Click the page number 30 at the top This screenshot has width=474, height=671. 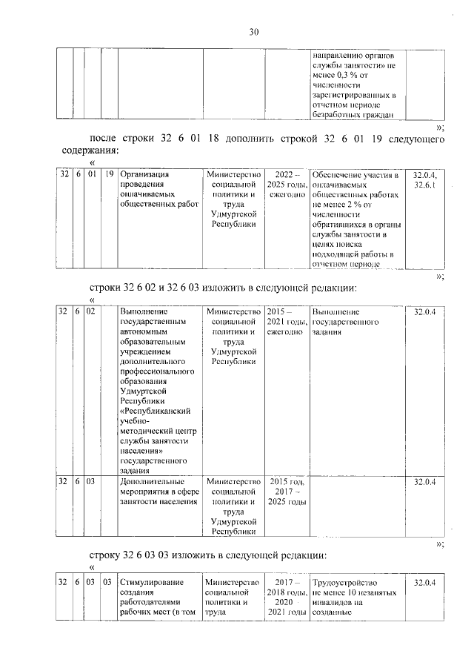(253, 32)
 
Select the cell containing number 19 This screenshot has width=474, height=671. (109, 175)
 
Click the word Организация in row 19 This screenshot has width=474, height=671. (145, 175)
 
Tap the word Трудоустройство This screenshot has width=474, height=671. (346, 583)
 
